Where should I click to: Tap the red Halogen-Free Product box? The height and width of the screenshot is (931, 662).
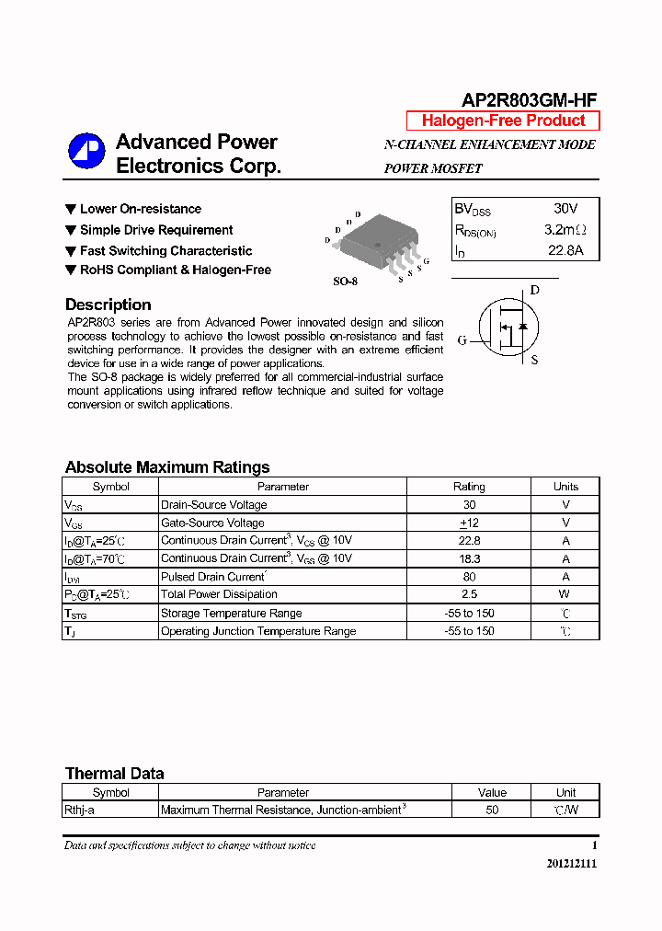point(503,121)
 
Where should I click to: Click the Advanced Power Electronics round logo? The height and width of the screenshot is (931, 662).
point(86,152)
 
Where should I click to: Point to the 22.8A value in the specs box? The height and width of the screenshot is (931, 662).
point(565,250)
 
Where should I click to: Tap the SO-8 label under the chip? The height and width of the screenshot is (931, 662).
point(345,282)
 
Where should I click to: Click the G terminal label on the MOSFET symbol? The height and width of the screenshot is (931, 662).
point(462,340)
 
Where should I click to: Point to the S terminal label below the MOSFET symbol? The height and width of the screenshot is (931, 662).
point(534,361)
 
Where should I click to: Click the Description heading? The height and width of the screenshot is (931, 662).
point(108,305)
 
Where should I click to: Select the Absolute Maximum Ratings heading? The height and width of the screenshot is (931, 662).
point(167,467)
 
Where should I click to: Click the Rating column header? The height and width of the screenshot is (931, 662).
point(469,487)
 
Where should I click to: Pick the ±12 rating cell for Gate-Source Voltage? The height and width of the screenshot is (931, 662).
point(469,523)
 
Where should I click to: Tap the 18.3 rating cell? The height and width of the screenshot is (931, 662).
point(469,558)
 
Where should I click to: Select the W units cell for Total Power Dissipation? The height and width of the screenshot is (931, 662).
point(565,594)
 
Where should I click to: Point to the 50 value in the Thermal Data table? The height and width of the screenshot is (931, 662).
point(492,810)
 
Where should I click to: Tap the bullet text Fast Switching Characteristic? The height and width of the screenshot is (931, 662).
point(165,250)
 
